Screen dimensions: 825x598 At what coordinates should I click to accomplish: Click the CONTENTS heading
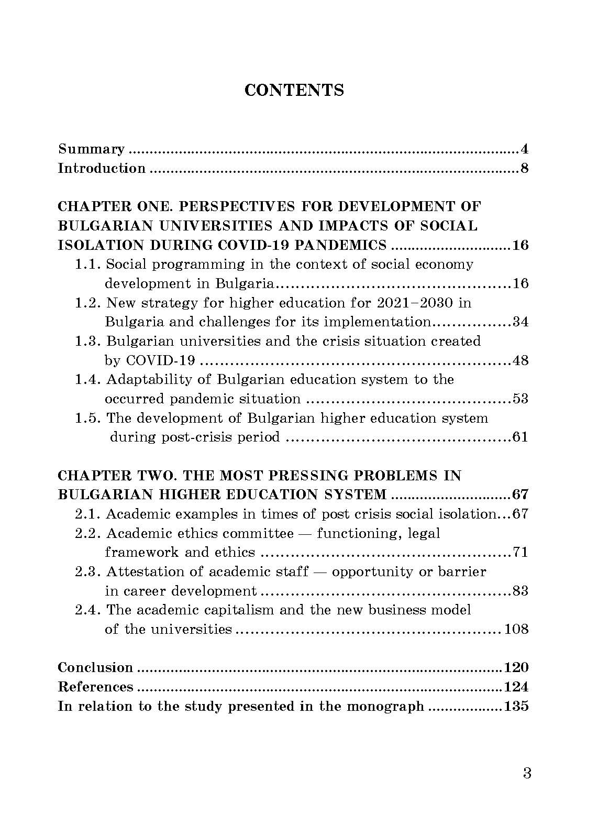(294, 90)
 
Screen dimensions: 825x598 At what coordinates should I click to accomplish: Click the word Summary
(91, 150)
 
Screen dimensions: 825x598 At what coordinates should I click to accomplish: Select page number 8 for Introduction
(524, 169)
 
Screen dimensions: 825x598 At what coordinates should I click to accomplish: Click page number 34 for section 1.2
(520, 322)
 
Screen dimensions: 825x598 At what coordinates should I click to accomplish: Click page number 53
(520, 399)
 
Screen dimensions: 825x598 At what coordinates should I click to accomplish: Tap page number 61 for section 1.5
(520, 437)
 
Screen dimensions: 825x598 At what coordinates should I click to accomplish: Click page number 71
(520, 553)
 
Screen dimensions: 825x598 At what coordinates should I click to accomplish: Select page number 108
(516, 630)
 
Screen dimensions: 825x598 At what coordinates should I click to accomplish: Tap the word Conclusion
(95, 668)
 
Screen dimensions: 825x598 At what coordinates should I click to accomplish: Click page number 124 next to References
(516, 687)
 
